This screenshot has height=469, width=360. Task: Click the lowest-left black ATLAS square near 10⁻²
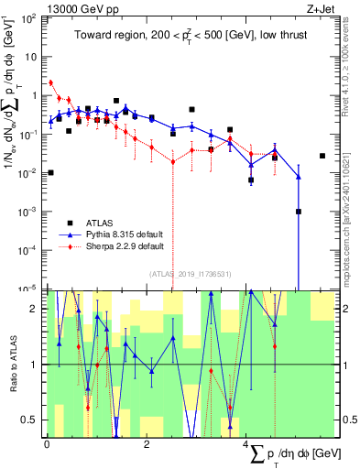(51, 172)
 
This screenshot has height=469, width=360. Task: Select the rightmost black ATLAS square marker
(322, 156)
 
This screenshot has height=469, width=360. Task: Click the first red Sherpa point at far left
(51, 82)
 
